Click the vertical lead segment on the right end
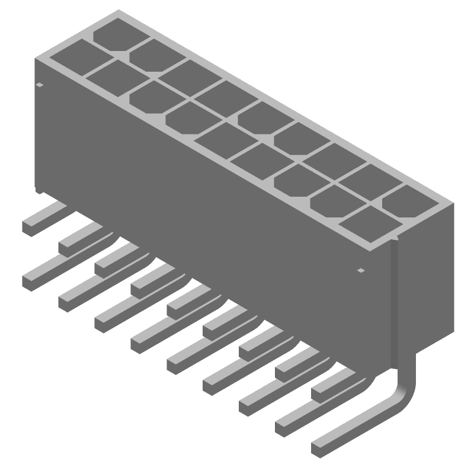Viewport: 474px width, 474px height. [x=395, y=308]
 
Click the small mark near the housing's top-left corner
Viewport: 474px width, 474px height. [x=40, y=85]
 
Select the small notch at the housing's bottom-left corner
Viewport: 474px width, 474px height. [x=38, y=191]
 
